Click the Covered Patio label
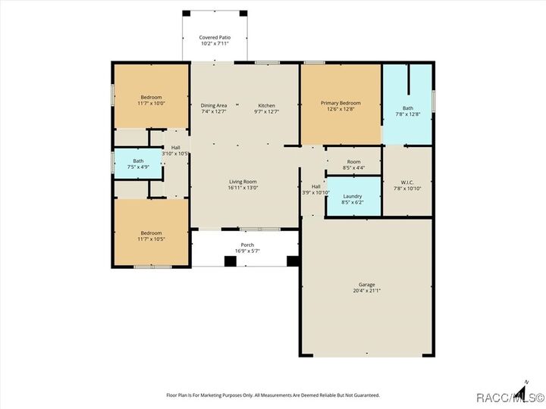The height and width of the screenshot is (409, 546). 215,37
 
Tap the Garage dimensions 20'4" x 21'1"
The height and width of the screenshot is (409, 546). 366,291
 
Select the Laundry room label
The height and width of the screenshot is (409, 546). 353,196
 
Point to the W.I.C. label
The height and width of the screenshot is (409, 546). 406,182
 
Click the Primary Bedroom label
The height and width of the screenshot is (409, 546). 340,103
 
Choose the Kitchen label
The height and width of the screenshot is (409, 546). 266,105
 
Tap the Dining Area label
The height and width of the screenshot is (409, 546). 214,105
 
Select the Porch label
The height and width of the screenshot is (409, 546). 247,245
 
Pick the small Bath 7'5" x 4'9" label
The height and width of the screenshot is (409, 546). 138,161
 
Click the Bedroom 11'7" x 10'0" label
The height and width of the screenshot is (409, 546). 151,98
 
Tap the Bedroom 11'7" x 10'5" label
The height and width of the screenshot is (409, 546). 151,233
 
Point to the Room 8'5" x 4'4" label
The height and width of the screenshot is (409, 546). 353,161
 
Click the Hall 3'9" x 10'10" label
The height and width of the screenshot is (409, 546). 315,186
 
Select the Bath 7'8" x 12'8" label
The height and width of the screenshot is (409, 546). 408,108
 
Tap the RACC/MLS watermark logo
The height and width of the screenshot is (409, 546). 510,397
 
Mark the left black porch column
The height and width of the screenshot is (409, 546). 230,261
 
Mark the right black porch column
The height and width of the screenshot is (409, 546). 293,261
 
